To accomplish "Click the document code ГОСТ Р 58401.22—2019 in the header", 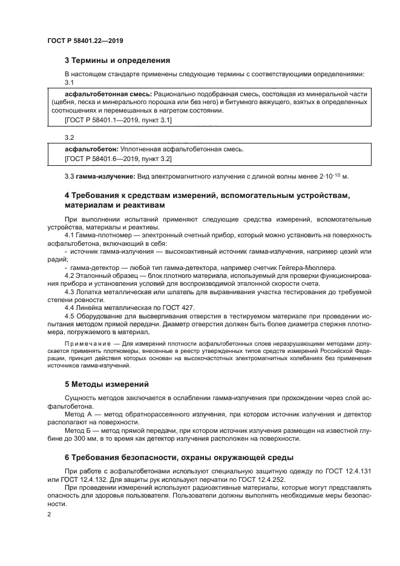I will point(85,41).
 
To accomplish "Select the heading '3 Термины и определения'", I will point(117,61).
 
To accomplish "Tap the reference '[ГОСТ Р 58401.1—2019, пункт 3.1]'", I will point(118,120).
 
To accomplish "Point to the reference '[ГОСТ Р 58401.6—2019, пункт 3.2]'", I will point(118,159).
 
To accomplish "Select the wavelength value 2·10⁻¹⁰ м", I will point(330,176).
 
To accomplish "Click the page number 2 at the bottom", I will point(49,515).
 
